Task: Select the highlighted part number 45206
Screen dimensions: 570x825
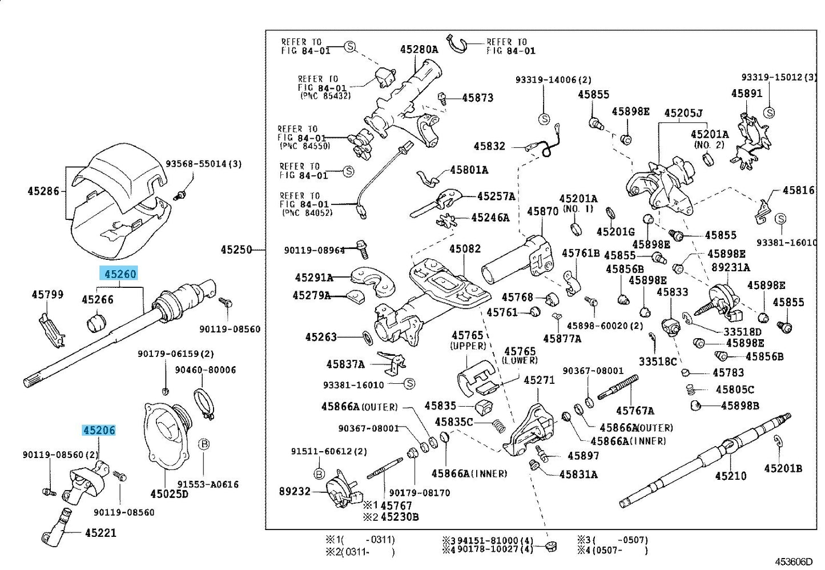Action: click(x=99, y=430)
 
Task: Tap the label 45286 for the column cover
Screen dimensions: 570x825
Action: click(x=43, y=191)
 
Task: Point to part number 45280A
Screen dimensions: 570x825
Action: click(x=419, y=49)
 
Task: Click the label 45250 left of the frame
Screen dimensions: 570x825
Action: click(x=236, y=250)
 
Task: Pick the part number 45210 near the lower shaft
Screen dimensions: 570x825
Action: click(x=730, y=475)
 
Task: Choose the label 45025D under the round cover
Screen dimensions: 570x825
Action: click(x=169, y=493)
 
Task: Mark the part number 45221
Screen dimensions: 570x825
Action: click(x=100, y=533)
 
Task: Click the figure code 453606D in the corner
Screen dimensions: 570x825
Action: click(x=794, y=562)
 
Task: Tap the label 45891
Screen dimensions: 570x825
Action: click(x=747, y=93)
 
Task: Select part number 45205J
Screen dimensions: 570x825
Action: click(x=683, y=113)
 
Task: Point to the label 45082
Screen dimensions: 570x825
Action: click(x=465, y=249)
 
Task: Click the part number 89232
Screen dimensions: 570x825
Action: click(x=295, y=491)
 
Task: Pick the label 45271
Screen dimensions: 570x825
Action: click(x=539, y=380)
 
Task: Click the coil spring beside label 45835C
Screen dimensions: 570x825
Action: click(x=498, y=426)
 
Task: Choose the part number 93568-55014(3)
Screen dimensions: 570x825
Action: click(x=203, y=164)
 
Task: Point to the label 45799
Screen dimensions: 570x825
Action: click(x=47, y=295)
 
